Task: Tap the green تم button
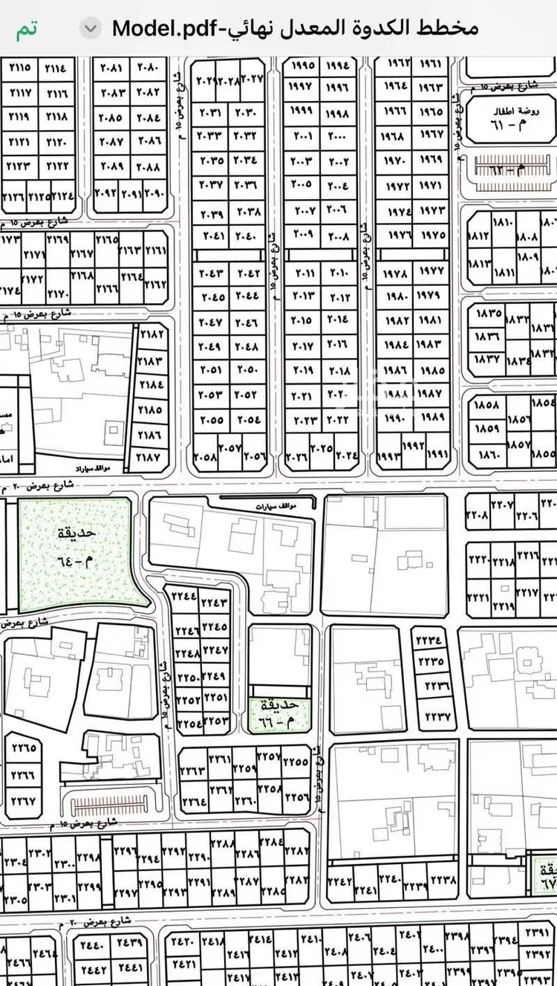coord(27,30)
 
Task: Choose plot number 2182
coord(150,337)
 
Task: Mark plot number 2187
coord(150,458)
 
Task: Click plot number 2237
coord(432,716)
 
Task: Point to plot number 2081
coord(111,68)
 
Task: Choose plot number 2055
coord(211,420)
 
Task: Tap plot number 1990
coord(393,420)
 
